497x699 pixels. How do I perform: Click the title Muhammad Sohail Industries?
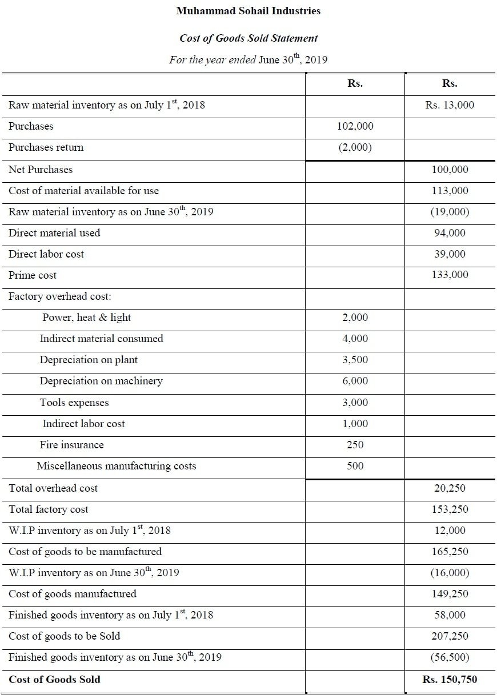click(x=248, y=11)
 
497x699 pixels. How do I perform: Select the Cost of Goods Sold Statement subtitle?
click(x=248, y=38)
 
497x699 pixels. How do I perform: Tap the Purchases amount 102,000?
click(x=355, y=126)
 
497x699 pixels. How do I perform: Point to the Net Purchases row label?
click(x=41, y=170)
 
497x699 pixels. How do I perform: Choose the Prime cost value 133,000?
click(x=450, y=275)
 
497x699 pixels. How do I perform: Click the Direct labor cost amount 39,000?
click(x=450, y=254)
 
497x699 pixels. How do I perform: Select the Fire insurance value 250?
click(x=355, y=444)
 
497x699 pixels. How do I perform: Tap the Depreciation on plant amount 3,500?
click(x=355, y=360)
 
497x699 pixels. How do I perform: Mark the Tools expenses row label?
click(x=74, y=403)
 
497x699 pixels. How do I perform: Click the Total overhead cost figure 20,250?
click(x=450, y=488)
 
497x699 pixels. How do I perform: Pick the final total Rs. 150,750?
click(x=450, y=679)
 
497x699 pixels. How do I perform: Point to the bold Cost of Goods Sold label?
click(x=54, y=679)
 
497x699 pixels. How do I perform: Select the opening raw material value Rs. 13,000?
click(x=450, y=105)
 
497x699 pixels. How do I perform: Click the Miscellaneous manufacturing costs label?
click(x=117, y=466)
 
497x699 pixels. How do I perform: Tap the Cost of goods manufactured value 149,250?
click(x=450, y=594)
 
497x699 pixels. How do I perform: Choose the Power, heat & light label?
click(x=87, y=318)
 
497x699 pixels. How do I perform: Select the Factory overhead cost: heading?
click(x=60, y=296)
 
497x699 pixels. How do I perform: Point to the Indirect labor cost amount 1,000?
click(x=355, y=424)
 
